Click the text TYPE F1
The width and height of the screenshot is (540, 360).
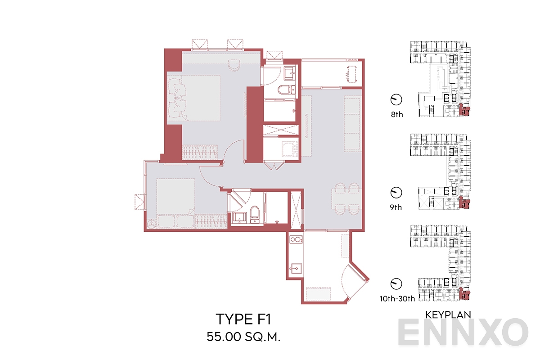243,319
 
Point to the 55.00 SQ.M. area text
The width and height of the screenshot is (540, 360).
243,337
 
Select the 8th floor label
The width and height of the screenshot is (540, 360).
397,114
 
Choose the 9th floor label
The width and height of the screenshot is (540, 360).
396,207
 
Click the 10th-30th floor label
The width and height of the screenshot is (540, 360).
396,297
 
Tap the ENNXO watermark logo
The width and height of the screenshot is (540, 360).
463,333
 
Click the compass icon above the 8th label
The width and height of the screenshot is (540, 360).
396,99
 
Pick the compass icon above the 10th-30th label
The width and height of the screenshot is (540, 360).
396,283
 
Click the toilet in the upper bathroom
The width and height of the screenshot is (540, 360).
285,90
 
